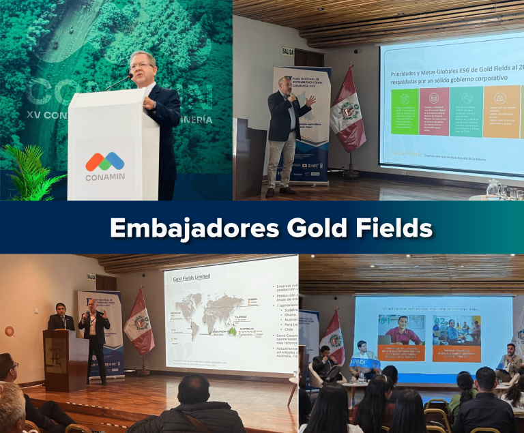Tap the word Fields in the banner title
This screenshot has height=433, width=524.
(x=391, y=228)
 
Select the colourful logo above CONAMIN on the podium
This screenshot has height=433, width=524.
(x=104, y=162)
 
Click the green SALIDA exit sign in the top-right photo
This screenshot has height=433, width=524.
(x=288, y=50)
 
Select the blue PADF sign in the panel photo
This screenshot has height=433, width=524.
(x=365, y=363)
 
